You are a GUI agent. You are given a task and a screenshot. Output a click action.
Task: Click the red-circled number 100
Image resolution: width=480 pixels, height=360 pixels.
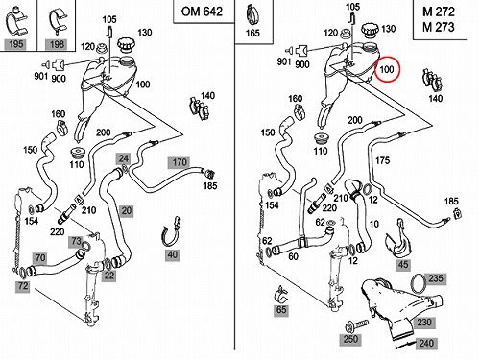click(387, 69)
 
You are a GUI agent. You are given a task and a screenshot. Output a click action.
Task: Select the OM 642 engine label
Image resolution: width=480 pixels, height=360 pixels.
click(202, 12)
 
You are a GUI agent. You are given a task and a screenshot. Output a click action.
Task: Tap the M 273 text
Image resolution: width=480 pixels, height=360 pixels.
click(439, 27)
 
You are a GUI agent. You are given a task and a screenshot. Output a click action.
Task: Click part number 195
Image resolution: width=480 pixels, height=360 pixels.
click(16, 44)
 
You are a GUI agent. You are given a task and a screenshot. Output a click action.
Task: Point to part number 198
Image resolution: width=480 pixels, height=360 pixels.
click(57, 44)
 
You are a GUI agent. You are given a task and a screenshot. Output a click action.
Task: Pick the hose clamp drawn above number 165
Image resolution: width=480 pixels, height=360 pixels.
click(253, 14)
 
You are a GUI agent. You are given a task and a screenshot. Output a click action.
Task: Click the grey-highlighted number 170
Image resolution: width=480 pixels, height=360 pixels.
click(180, 162)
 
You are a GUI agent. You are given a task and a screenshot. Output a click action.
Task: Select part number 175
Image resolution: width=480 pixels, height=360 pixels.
click(382, 160)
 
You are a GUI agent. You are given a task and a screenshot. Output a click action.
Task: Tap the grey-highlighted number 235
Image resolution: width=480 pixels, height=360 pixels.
click(436, 278)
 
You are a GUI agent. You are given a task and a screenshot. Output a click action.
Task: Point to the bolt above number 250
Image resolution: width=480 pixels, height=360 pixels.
click(357, 325)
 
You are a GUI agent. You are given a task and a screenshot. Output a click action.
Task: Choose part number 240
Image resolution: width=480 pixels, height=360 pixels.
click(426, 344)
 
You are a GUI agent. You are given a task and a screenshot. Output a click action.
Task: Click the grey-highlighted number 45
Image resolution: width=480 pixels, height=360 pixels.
click(403, 265)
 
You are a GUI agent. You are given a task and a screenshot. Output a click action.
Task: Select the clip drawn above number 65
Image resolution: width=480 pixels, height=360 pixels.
click(281, 295)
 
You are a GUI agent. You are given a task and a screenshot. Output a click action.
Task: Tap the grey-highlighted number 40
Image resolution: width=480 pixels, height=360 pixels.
click(173, 255)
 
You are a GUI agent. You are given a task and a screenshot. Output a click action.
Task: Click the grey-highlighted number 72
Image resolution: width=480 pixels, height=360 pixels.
click(23, 285)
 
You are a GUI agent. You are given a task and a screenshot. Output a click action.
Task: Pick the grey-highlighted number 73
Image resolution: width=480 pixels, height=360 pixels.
click(76, 241)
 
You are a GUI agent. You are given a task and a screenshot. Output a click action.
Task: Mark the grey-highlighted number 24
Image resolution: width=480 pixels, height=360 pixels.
click(124, 158)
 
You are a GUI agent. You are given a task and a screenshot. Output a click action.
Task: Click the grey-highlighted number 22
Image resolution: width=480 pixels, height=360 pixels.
click(109, 276)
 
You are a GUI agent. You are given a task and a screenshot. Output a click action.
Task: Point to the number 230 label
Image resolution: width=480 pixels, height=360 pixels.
click(424, 323)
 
